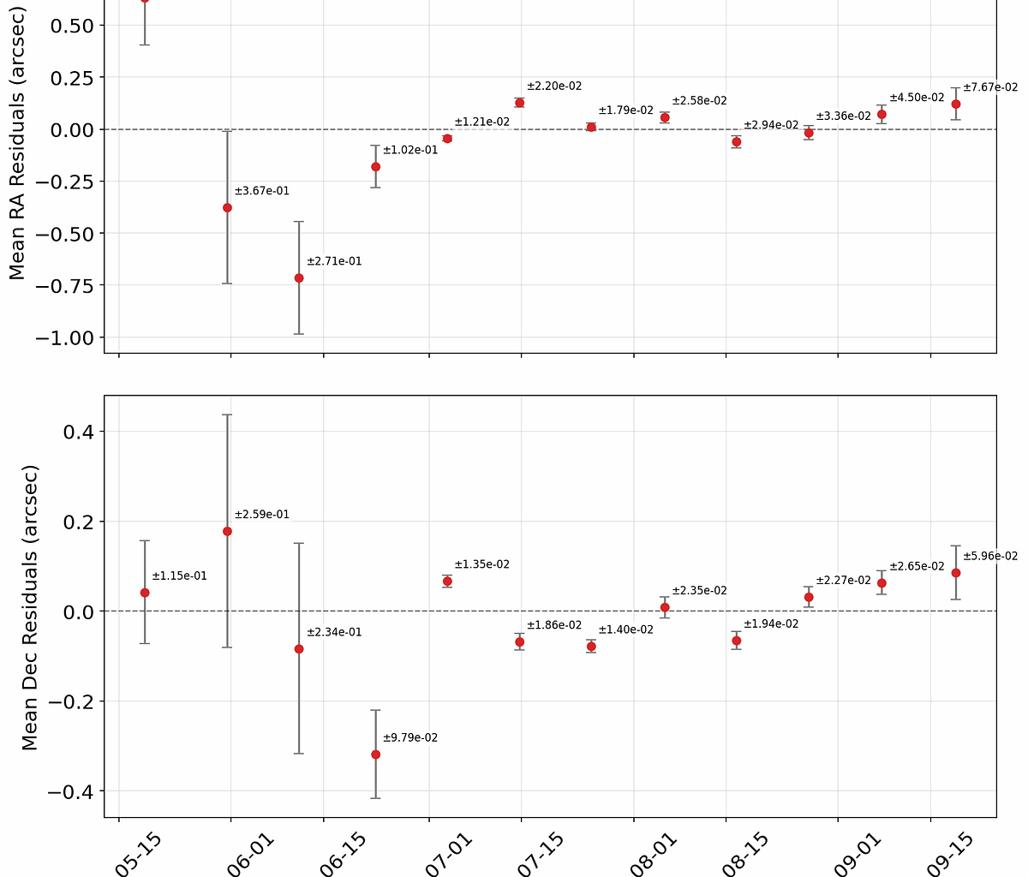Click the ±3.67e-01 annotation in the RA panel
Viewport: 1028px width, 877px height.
click(x=262, y=191)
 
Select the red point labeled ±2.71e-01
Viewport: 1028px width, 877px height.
click(x=299, y=278)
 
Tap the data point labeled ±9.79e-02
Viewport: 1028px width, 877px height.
click(x=375, y=755)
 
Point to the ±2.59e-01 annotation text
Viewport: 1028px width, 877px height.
click(x=262, y=515)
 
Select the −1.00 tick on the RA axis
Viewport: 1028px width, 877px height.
click(x=64, y=337)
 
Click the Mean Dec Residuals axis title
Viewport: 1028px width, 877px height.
click(x=30, y=608)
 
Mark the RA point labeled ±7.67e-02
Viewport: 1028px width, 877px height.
click(x=956, y=104)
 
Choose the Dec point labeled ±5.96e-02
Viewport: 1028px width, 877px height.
click(x=956, y=573)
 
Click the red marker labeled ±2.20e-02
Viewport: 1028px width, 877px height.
click(x=519, y=103)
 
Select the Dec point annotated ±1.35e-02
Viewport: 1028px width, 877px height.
click(x=447, y=582)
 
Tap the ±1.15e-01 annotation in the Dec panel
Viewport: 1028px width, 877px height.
click(x=179, y=576)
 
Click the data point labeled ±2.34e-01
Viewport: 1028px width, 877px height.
click(x=299, y=649)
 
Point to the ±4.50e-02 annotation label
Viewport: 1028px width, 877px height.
click(x=917, y=98)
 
